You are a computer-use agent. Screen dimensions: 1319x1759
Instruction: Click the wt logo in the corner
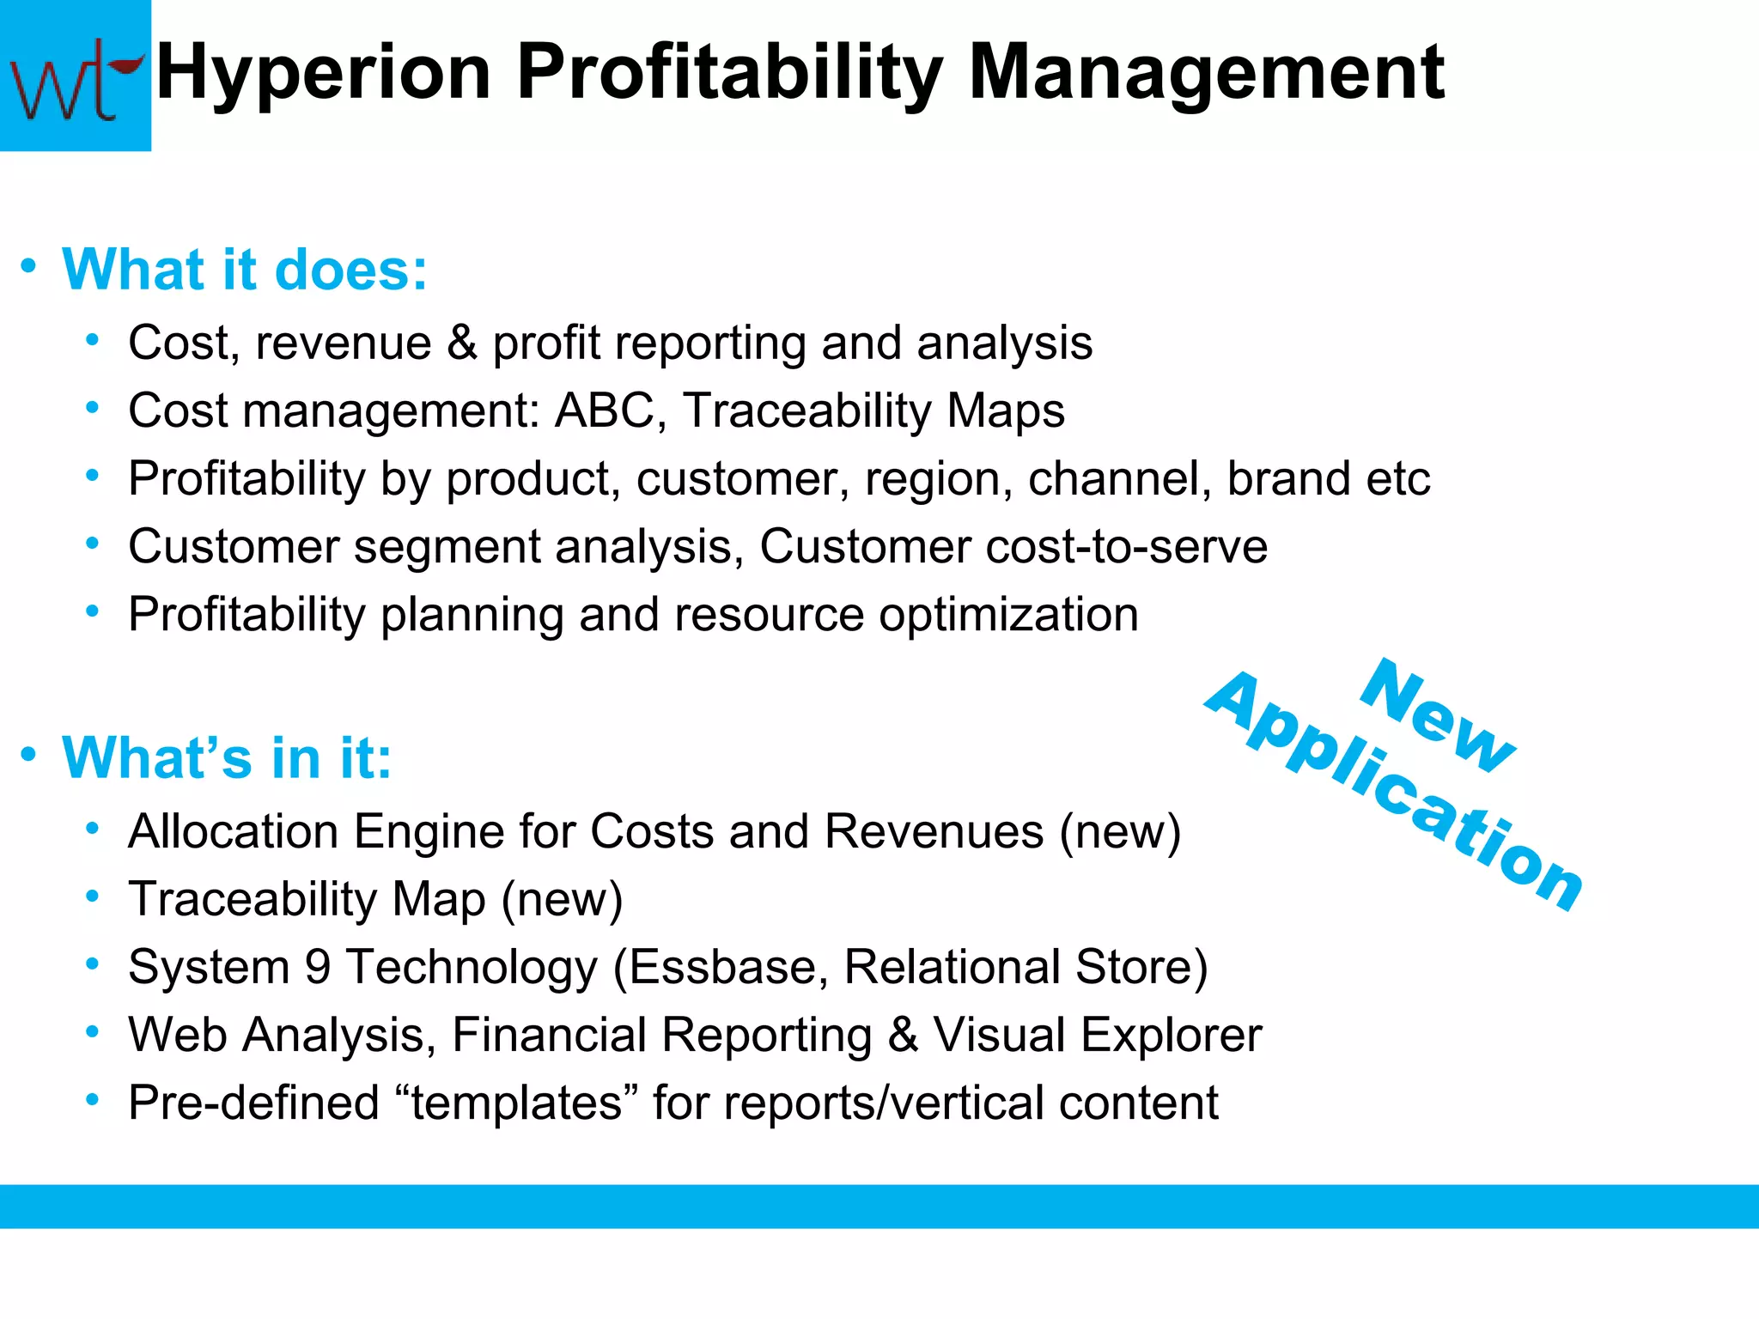pyautogui.click(x=75, y=76)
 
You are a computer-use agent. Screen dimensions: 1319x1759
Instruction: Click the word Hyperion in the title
pyautogui.click(x=324, y=73)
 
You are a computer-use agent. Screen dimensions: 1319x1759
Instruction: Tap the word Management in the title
pyautogui.click(x=1206, y=73)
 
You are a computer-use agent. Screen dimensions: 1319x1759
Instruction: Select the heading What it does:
pyautogui.click(x=245, y=270)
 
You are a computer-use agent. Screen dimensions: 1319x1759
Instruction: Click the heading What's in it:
pyautogui.click(x=227, y=758)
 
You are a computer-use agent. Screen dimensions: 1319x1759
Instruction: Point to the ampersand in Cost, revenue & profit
pyautogui.click(x=462, y=343)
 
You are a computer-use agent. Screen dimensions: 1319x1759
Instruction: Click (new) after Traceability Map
pyautogui.click(x=563, y=900)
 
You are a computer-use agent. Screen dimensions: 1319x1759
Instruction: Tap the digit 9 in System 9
pyautogui.click(x=318, y=968)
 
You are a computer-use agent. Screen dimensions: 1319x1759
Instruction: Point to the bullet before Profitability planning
pyautogui.click(x=93, y=612)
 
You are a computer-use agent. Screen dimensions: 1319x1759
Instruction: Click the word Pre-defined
pyautogui.click(x=253, y=1103)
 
